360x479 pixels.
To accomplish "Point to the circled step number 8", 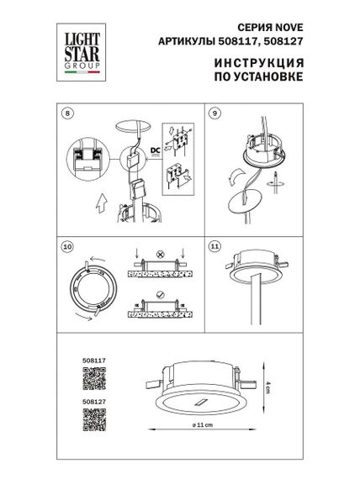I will pyautogui.click(x=68, y=112).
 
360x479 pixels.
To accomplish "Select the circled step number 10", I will pyautogui.click(x=68, y=247).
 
